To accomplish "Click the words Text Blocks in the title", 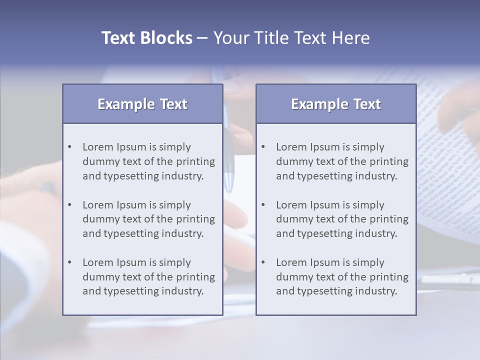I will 146,38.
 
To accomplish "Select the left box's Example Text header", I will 142,104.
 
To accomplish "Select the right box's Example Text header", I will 336,104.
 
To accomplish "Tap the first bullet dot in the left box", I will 69,147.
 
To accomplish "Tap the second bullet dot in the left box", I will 69,205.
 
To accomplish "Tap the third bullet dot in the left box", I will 69,262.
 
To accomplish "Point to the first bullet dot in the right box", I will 263,147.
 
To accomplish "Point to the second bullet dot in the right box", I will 263,205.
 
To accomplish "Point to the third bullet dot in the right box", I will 263,262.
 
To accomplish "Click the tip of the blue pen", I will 229,191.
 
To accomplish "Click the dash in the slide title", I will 202,38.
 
